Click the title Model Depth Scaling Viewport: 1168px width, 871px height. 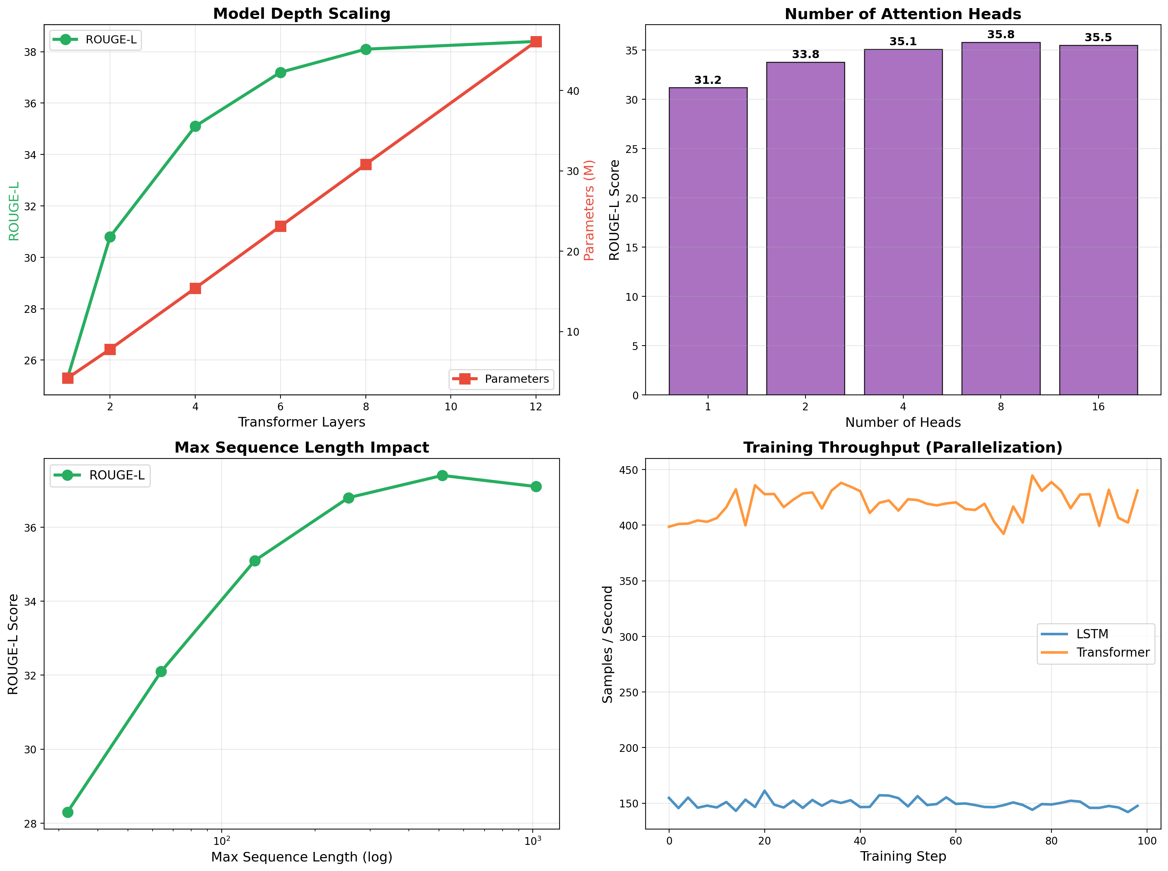pyautogui.click(x=301, y=14)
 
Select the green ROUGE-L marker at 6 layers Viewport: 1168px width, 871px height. pyautogui.click(x=281, y=72)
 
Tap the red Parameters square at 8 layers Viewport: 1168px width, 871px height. pyautogui.click(x=366, y=164)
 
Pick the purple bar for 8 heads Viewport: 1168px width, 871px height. pyautogui.click(x=1000, y=218)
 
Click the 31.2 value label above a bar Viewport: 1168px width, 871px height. pyautogui.click(x=707, y=80)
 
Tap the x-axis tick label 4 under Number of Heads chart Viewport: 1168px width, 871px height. pyautogui.click(x=903, y=407)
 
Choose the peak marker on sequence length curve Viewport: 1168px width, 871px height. pyautogui.click(x=442, y=475)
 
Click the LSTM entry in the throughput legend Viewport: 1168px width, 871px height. pyautogui.click(x=1092, y=634)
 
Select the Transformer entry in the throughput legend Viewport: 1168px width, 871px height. pyautogui.click(x=1112, y=653)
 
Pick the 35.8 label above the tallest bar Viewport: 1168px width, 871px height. pyautogui.click(x=1000, y=35)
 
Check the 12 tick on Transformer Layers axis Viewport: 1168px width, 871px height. pyautogui.click(x=536, y=407)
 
